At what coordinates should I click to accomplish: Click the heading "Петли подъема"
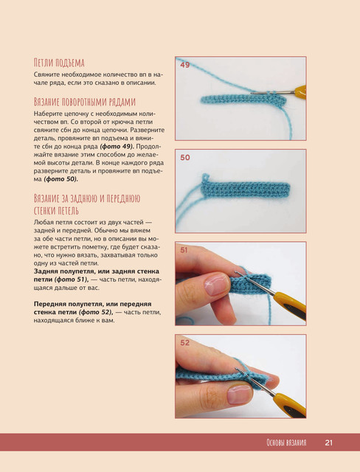click(59, 63)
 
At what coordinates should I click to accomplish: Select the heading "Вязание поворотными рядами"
click(85, 102)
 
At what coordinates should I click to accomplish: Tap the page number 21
click(329, 442)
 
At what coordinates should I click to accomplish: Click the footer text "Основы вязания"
click(286, 442)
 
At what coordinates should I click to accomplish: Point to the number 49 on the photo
click(185, 65)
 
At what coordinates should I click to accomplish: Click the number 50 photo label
click(185, 157)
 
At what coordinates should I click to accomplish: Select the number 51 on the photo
click(184, 250)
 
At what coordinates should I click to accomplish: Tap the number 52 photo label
click(185, 342)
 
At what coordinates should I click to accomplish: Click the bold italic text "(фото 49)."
click(117, 147)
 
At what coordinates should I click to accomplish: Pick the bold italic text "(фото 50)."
click(60, 179)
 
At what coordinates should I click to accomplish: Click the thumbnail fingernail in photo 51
click(216, 284)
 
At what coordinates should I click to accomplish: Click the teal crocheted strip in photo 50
click(246, 190)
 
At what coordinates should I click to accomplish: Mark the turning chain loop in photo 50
click(205, 178)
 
